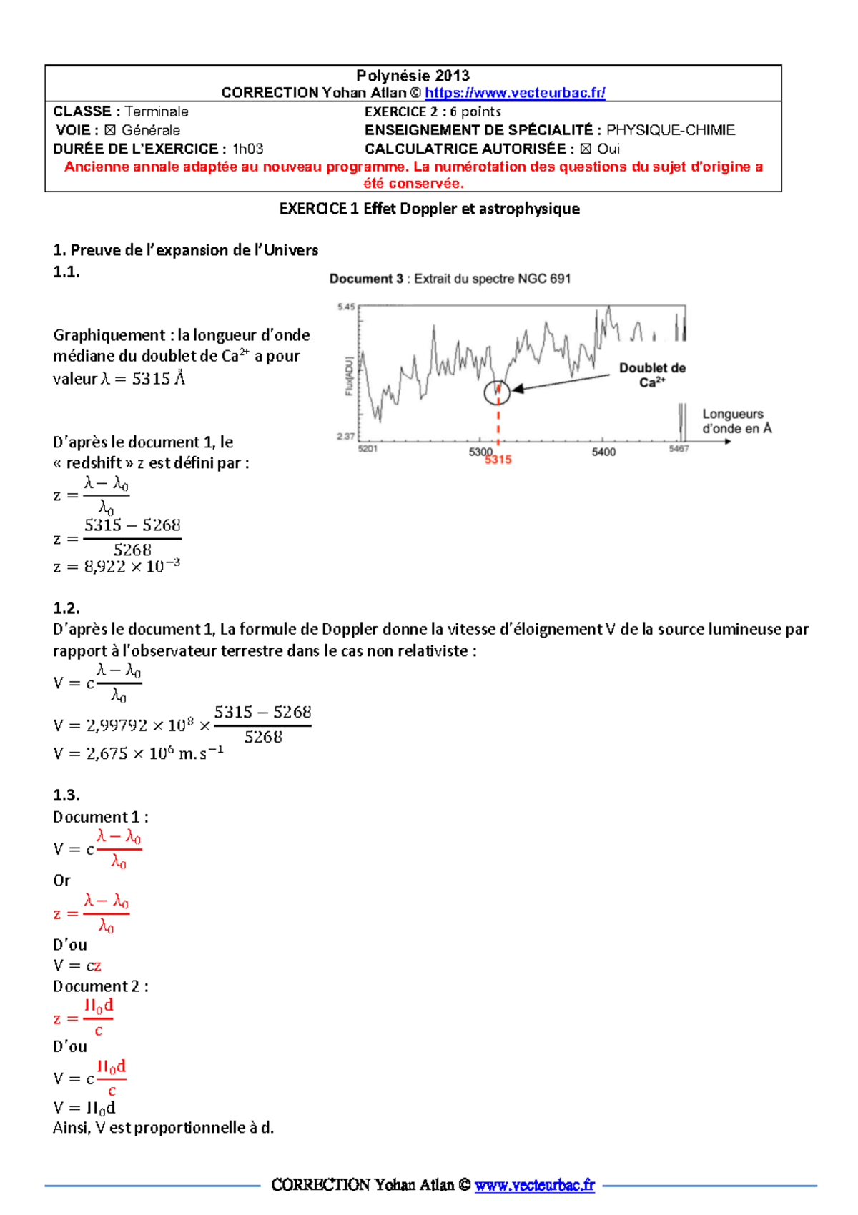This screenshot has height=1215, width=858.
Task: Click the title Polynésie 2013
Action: point(413,75)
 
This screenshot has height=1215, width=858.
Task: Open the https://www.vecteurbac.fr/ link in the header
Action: point(515,93)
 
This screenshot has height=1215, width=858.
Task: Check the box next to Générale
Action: point(109,130)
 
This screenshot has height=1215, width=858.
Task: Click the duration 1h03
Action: point(247,149)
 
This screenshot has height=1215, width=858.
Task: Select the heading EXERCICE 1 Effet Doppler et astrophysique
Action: point(429,209)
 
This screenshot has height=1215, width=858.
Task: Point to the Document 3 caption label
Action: point(366,279)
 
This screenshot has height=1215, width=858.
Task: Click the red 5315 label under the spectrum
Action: point(498,460)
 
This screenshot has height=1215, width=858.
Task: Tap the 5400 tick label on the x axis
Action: point(603,452)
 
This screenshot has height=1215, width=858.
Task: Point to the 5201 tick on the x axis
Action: point(368,449)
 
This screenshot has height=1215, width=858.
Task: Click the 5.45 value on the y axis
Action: point(346,307)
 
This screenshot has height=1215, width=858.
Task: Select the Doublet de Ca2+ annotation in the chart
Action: point(652,375)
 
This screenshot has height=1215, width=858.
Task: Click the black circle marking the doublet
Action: point(497,392)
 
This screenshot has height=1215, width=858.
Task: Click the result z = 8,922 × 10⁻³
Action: point(117,567)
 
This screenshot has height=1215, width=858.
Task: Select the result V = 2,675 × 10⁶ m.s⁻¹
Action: point(138,753)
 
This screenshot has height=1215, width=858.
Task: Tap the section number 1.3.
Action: point(66,795)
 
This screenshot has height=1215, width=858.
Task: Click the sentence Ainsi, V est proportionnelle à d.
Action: point(163,1128)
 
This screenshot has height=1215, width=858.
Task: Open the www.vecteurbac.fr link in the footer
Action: point(534,1185)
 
